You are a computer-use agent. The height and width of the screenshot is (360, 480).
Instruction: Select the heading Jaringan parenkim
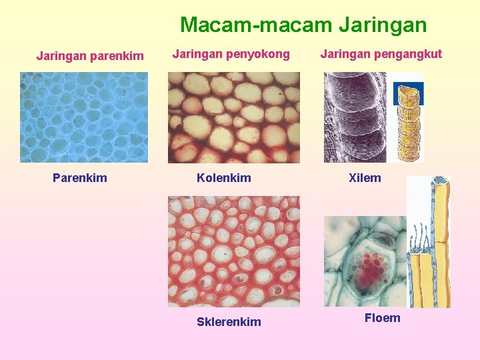pos(90,55)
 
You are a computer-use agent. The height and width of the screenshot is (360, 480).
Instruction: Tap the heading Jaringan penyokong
pos(231,54)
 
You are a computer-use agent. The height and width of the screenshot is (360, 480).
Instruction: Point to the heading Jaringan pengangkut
pos(381,54)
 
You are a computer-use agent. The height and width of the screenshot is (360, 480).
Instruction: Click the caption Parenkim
pos(80,178)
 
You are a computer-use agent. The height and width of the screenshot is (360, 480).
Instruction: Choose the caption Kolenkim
pos(224,178)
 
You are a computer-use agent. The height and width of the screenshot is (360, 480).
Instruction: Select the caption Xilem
pos(365,178)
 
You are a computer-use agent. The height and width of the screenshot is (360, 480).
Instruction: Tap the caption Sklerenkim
pos(229,322)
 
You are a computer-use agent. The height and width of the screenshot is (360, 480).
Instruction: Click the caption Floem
pos(383,318)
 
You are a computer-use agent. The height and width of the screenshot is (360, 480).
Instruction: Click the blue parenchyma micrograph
pos(83,117)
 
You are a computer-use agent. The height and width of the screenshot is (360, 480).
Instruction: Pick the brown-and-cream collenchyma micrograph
pos(233,117)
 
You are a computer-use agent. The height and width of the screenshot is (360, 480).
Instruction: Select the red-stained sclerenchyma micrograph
pos(233,251)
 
